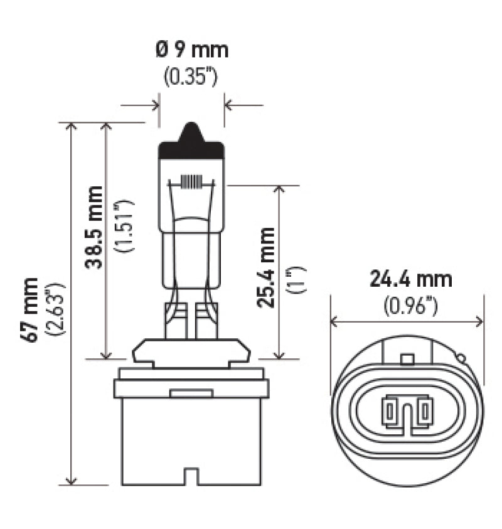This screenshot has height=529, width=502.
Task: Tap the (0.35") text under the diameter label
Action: (x=191, y=77)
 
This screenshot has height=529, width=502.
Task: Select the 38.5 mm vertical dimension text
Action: (x=95, y=227)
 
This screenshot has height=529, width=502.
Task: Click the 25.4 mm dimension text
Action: (x=267, y=267)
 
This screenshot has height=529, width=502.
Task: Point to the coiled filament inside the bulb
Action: (x=191, y=181)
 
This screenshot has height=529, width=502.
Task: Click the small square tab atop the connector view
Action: (x=407, y=359)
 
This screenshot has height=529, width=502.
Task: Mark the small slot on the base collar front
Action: (x=191, y=393)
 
